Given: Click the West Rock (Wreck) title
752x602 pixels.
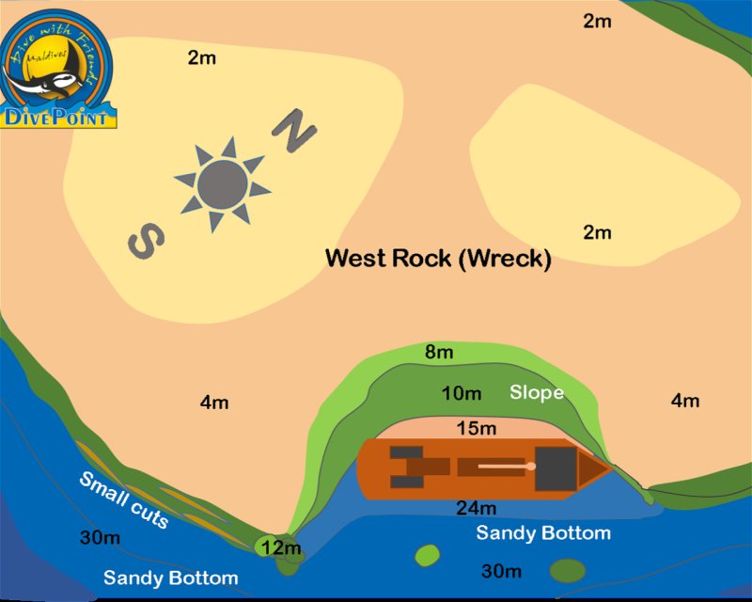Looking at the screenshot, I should [x=437, y=258].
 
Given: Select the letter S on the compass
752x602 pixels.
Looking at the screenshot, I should [x=147, y=240].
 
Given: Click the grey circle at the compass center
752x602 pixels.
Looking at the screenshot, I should [x=222, y=185].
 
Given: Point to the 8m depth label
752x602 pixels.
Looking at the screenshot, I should [x=439, y=353].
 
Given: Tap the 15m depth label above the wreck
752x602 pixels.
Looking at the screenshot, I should [x=476, y=429].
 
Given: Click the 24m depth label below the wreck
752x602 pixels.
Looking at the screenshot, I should [x=476, y=509].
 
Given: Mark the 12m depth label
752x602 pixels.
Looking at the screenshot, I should [x=281, y=547].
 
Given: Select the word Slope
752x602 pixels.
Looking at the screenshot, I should [x=537, y=392].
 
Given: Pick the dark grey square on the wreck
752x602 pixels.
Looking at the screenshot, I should [x=555, y=467].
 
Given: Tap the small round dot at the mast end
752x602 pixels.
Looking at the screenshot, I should [x=531, y=466].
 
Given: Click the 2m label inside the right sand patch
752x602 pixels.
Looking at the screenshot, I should [x=597, y=232].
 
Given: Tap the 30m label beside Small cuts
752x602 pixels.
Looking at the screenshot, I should [x=99, y=539].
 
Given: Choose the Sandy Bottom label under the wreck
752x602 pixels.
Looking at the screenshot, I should [x=543, y=533].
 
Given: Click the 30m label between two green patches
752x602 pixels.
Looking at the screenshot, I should [x=501, y=571].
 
